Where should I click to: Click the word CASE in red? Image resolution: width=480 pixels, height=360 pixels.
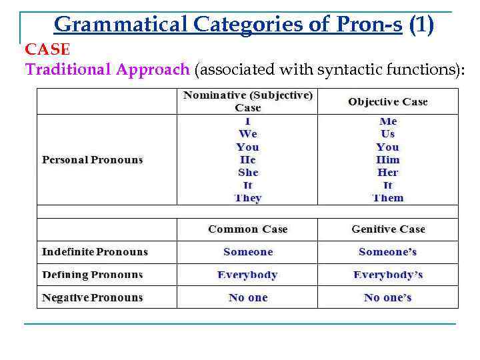tap(47, 49)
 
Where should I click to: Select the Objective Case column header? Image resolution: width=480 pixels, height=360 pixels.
tap(387, 101)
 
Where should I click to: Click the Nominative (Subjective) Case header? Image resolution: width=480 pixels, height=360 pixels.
tap(247, 101)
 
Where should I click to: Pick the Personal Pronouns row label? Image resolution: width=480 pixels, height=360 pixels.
tap(92, 159)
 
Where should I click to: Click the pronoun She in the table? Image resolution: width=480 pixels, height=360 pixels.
tap(247, 172)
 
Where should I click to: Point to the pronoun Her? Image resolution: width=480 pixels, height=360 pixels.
tap(387, 172)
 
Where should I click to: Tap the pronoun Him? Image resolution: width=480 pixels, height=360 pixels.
tap(387, 159)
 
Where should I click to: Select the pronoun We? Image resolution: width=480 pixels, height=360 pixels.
tap(247, 134)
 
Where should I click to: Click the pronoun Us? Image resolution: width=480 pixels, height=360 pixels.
tap(387, 134)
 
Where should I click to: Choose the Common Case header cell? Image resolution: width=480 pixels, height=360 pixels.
tap(247, 229)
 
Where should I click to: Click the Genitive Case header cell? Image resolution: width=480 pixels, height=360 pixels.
tap(388, 229)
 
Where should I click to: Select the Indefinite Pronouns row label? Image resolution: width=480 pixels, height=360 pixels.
tap(95, 251)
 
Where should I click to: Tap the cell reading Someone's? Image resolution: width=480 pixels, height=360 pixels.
tap(387, 251)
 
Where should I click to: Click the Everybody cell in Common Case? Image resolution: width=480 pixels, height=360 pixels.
tap(247, 274)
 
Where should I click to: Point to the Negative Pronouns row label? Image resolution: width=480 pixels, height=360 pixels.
tap(92, 297)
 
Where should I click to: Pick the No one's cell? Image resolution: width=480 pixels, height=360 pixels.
tap(387, 297)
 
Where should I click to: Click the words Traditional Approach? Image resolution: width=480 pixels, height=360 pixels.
tap(107, 69)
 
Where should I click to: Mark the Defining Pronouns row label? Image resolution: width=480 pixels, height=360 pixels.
tap(92, 274)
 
